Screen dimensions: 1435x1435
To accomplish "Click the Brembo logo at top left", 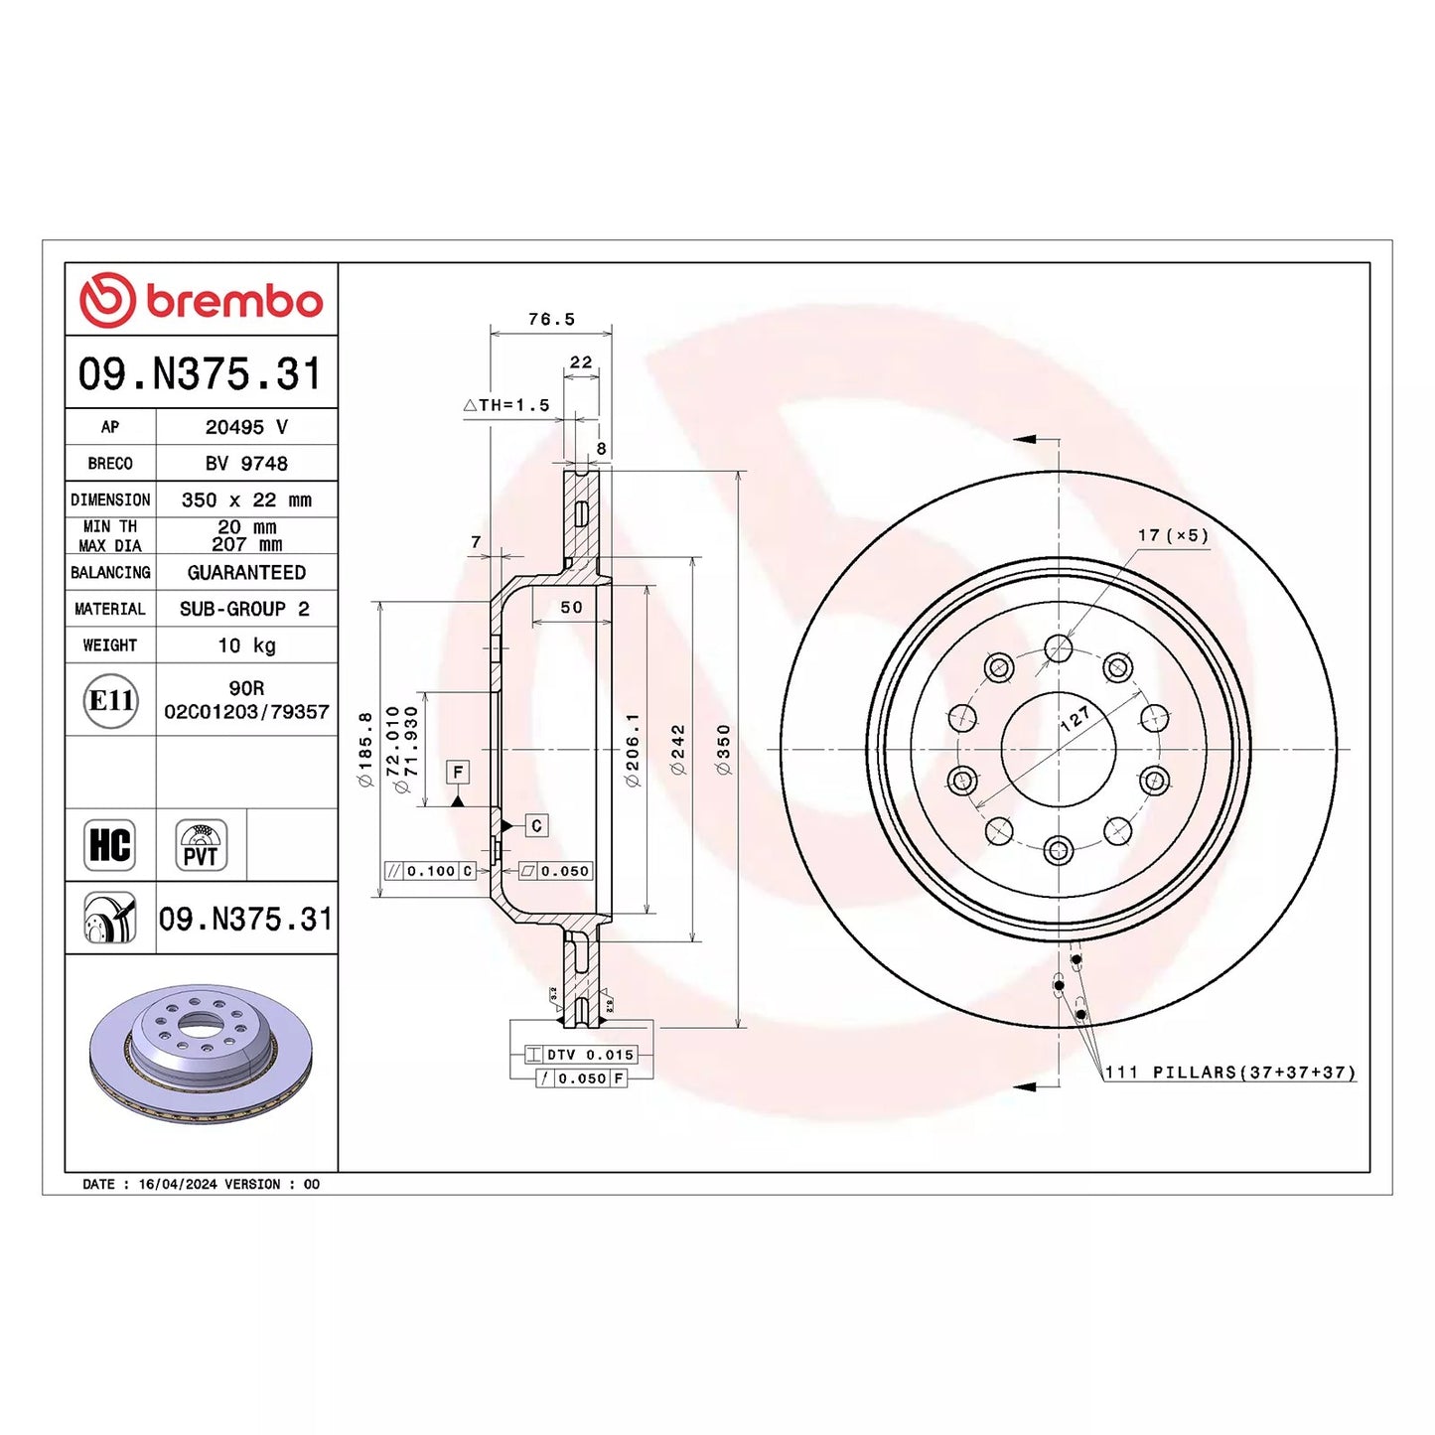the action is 201,300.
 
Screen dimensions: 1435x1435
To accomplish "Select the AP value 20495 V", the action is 245,427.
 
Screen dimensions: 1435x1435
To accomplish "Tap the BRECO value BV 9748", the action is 245,463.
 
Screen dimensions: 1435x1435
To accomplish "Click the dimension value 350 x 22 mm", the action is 245,500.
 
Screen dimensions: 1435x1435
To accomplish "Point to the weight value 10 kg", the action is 245,645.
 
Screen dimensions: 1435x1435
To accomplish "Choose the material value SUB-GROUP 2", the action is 244,609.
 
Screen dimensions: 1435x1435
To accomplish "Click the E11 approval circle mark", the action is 110,700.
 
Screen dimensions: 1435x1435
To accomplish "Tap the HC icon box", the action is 109,845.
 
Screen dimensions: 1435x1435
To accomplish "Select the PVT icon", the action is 201,845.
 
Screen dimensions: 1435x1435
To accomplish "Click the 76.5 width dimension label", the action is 552,320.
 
